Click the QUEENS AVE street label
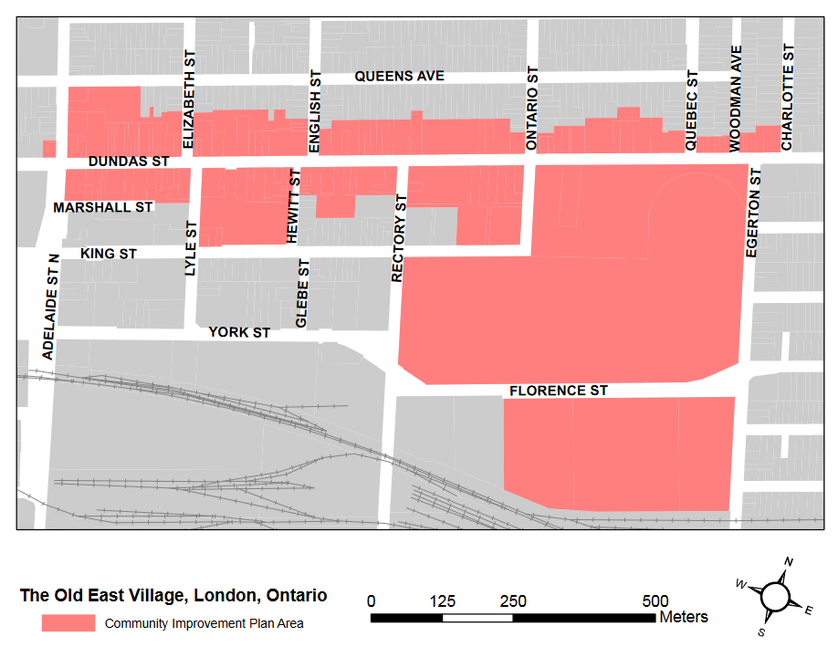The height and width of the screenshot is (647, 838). tap(399, 77)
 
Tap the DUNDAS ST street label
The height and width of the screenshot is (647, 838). tap(129, 162)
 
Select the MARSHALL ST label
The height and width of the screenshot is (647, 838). tap(103, 208)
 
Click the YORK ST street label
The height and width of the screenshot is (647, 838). tap(239, 333)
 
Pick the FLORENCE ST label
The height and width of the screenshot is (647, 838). tap(558, 391)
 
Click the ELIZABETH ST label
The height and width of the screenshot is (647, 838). tap(189, 100)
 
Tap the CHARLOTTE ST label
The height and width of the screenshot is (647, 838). tap(787, 97)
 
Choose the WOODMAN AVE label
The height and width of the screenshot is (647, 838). tap(736, 99)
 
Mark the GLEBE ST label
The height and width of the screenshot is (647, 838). tap(302, 292)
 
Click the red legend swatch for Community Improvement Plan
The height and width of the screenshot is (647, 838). tap(68, 623)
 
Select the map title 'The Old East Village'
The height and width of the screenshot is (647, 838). tap(173, 596)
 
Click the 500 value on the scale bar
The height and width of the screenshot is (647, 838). tap(655, 601)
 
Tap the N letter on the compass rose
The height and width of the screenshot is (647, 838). tap(790, 561)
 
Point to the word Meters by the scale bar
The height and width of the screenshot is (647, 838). tap(684, 617)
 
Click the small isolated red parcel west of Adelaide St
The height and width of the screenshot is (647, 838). tap(48, 149)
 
